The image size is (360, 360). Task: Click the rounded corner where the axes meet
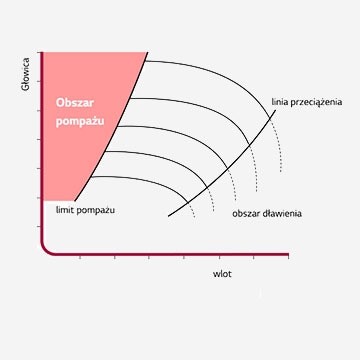coord(45,249)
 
